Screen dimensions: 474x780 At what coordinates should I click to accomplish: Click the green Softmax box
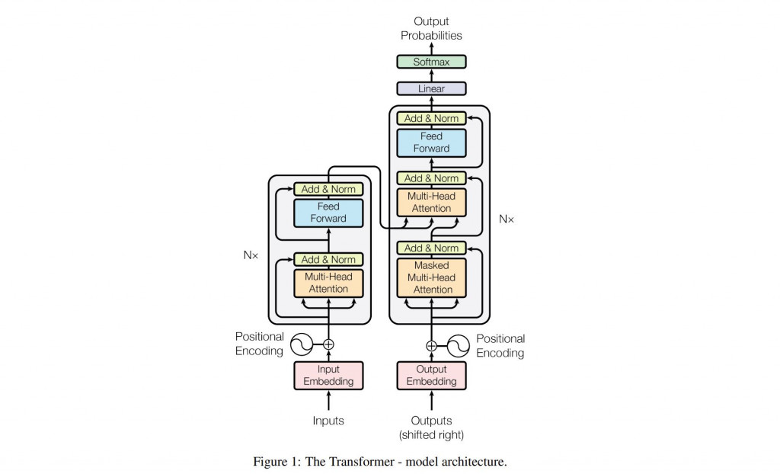[431, 62]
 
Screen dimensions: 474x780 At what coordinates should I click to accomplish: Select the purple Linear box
[431, 89]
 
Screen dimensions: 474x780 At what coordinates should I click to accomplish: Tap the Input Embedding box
[329, 375]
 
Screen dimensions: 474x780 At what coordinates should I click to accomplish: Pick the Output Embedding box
[431, 375]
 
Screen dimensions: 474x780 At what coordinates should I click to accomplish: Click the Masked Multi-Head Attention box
[432, 277]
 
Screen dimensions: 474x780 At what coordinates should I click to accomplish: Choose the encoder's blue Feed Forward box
[329, 213]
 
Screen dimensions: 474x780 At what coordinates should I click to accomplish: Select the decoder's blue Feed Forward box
[431, 143]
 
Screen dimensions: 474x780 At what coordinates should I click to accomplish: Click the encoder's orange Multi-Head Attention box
[329, 283]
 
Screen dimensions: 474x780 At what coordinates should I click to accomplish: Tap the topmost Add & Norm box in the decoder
[431, 118]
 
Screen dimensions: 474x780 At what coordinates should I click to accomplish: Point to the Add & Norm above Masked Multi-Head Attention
[431, 248]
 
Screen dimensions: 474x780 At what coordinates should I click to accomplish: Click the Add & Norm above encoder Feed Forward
[329, 189]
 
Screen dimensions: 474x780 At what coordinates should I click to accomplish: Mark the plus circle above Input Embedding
[329, 344]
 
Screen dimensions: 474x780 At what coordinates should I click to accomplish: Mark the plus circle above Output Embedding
[431, 345]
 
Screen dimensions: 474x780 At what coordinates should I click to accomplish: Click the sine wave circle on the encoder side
[300, 344]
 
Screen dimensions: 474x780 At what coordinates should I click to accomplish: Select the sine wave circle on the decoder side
[458, 345]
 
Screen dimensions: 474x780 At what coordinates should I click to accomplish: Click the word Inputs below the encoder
[328, 421]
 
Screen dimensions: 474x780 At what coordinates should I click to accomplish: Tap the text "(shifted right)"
[431, 435]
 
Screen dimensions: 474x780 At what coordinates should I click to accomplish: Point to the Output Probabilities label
[431, 29]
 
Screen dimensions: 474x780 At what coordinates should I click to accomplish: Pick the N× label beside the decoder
[507, 219]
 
